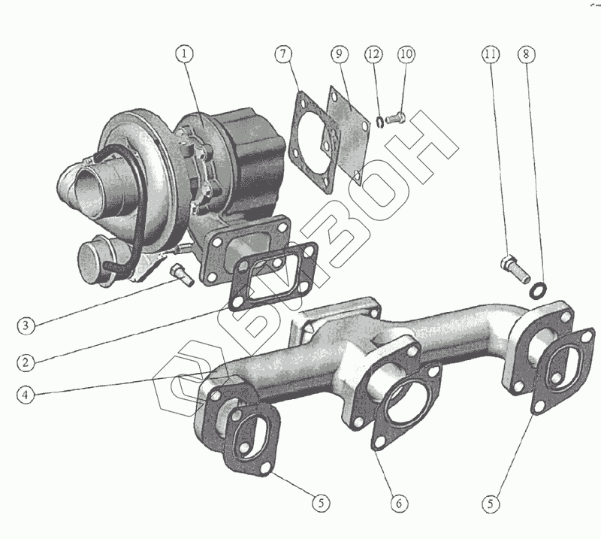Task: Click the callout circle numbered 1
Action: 185,54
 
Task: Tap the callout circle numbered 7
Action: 282,54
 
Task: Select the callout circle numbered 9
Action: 339,54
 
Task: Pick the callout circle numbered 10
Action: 406,54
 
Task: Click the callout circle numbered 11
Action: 491,54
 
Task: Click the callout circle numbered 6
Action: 398,501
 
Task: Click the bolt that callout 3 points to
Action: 182,274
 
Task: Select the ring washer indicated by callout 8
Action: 539,289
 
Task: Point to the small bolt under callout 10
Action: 399,117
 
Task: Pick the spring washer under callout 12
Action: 381,120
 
